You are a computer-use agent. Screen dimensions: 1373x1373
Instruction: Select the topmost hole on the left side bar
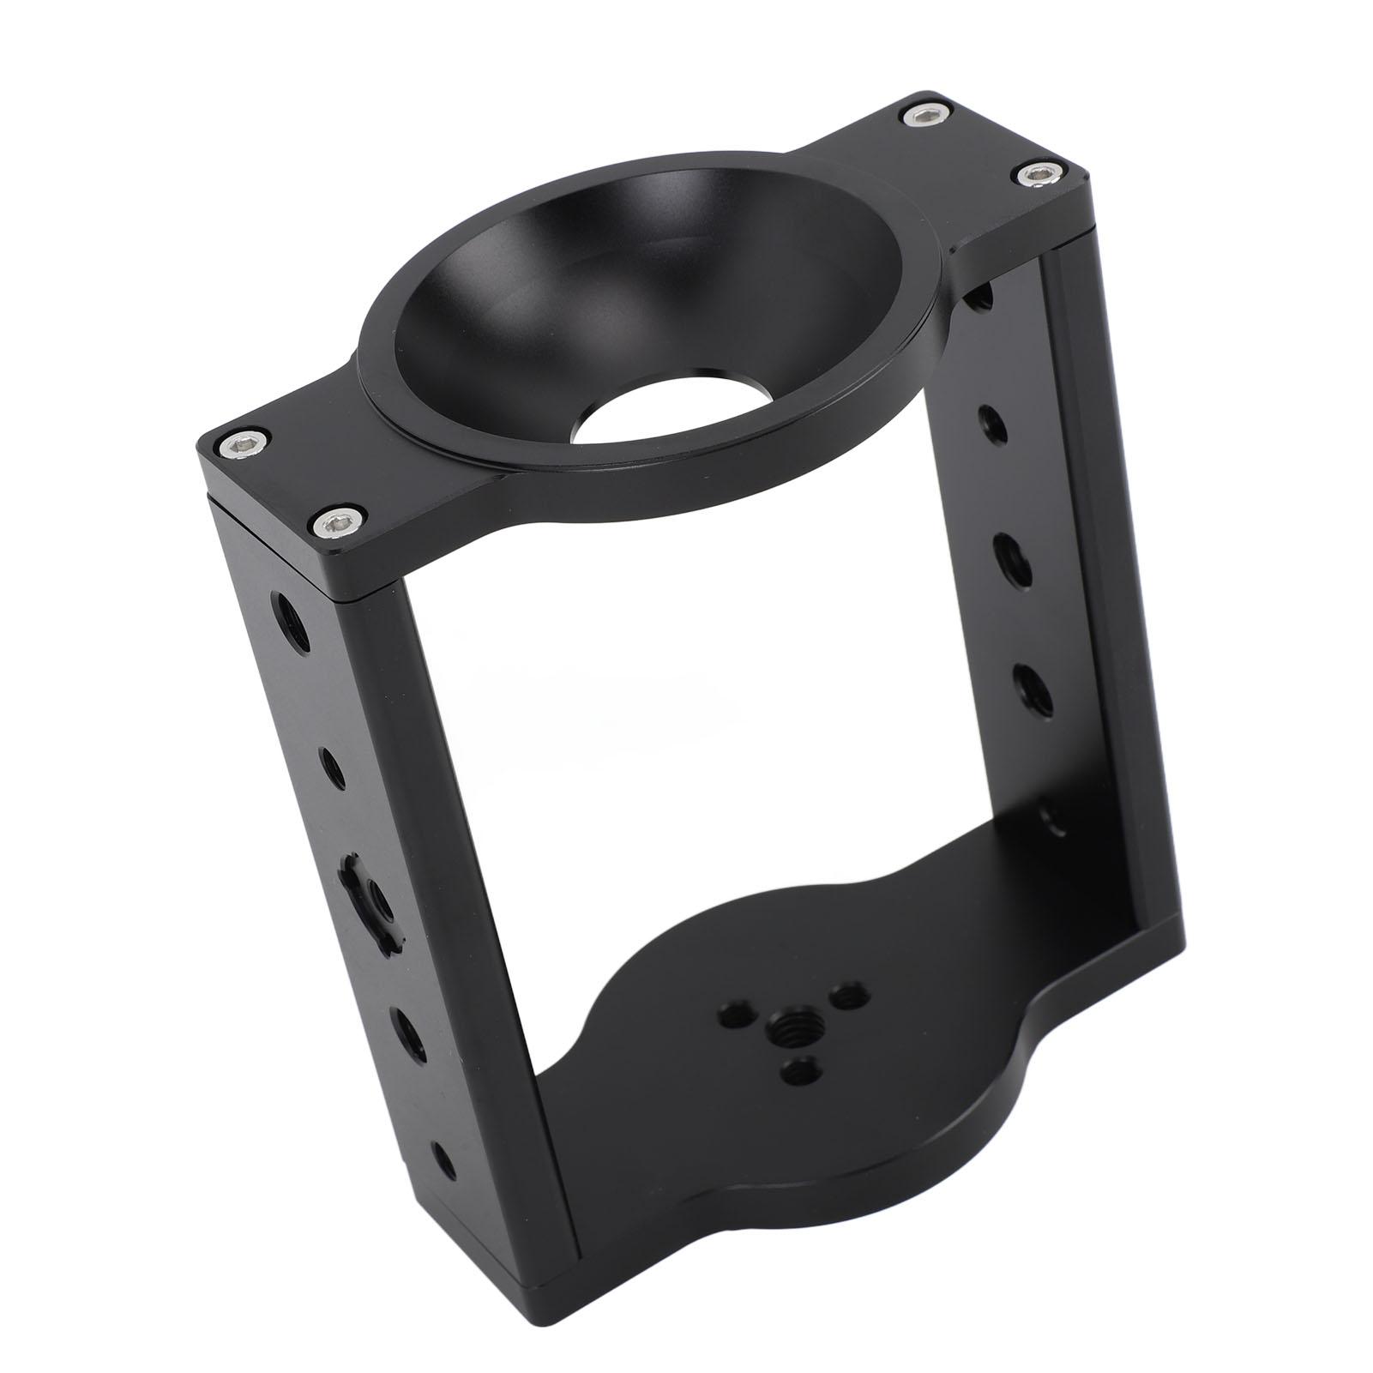(x=284, y=611)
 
